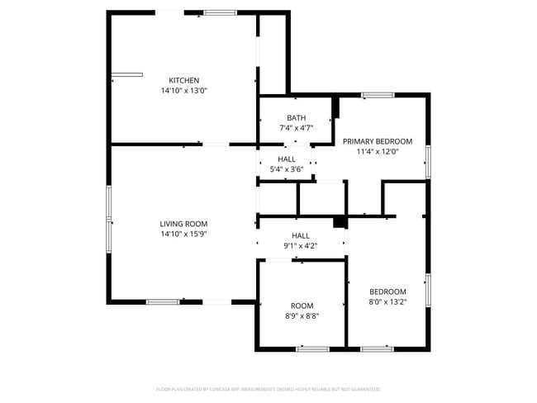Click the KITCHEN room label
[183, 80]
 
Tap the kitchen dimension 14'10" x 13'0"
[183, 91]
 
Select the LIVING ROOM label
[183, 223]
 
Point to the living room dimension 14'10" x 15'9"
[183, 234]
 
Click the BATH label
[296, 117]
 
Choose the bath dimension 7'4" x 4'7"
[296, 128]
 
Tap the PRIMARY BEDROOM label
[377, 141]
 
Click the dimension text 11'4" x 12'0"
[377, 152]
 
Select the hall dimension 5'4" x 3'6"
[287, 169]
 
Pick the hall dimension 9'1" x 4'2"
[301, 245]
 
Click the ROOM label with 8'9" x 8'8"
[302, 306]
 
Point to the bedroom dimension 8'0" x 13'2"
[387, 302]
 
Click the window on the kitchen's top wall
[219, 12]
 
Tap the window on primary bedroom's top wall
[377, 96]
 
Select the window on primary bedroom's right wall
[428, 161]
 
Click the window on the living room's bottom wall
[163, 301]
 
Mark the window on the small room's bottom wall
[312, 349]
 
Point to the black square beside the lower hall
[339, 221]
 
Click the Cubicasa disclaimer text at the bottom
[268, 389]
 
